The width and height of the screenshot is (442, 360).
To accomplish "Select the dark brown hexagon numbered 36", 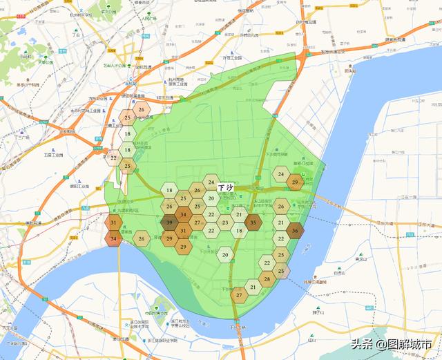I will pyautogui.click(x=296, y=231).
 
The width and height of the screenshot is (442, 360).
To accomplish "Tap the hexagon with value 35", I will pyautogui.click(x=253, y=222).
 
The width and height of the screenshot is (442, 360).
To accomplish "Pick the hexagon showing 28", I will pyautogui.click(x=267, y=279).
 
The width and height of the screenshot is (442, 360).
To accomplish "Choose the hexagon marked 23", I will pyautogui.click(x=225, y=222).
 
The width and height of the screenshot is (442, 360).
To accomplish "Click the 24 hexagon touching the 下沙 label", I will pyautogui.click(x=211, y=182).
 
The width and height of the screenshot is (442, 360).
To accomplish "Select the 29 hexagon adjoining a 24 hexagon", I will pyautogui.click(x=296, y=182).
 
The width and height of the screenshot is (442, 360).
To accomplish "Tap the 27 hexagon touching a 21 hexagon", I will pyautogui.click(x=239, y=296).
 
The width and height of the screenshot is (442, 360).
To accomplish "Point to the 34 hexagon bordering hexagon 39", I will pyautogui.click(x=183, y=215).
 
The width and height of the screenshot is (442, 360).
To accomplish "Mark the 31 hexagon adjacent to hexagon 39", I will pyautogui.click(x=183, y=231).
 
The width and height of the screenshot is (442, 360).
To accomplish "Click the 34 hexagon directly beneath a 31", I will pyautogui.click(x=114, y=239).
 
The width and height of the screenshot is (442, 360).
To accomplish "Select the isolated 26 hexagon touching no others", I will pyautogui.click(x=142, y=239).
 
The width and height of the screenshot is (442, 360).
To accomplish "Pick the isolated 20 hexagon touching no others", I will pyautogui.click(x=226, y=255).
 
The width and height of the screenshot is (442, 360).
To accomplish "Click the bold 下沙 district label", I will pyautogui.click(x=226, y=188).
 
